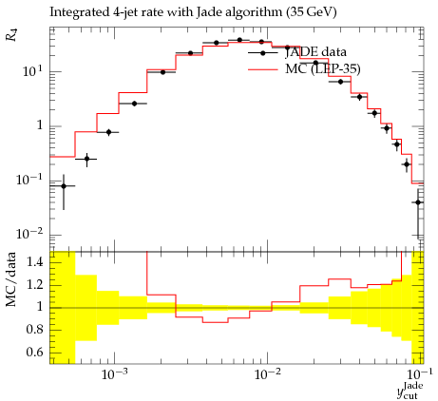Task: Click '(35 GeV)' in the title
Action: (x=311, y=12)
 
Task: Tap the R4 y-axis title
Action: (x=12, y=35)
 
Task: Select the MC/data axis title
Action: (x=11, y=279)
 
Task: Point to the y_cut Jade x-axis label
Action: (x=409, y=391)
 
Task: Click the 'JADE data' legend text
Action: (x=315, y=52)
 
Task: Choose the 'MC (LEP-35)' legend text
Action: (x=323, y=69)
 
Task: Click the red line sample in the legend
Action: (x=263, y=69)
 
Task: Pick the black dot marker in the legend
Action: (x=263, y=53)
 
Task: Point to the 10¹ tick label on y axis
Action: (x=32, y=70)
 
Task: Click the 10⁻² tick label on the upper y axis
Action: (x=29, y=234)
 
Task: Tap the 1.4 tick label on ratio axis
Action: (x=34, y=262)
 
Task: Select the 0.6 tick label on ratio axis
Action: (x=34, y=352)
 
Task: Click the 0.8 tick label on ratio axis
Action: (x=34, y=330)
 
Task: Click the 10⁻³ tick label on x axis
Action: (x=113, y=374)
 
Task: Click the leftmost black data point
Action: (x=64, y=186)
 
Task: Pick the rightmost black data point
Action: (x=418, y=202)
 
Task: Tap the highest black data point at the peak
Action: (x=239, y=40)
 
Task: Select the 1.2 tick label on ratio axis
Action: (x=34, y=285)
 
